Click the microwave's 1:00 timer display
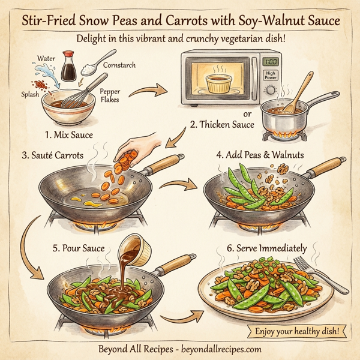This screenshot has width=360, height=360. [272, 61]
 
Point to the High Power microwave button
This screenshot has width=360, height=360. [272, 76]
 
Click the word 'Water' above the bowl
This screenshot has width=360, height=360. [46, 59]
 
